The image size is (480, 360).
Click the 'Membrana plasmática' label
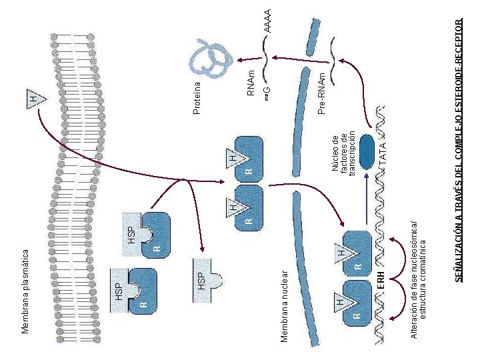[25, 291]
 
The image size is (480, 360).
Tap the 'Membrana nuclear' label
[285, 306]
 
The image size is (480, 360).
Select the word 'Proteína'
[197, 98]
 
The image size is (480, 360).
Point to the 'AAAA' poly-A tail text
[267, 21]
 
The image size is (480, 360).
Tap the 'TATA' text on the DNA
[383, 154]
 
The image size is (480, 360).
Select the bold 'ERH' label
[381, 279]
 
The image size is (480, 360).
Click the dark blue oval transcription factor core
[367, 152]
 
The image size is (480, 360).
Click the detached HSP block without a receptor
[205, 281]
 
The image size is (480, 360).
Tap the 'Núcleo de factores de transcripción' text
[343, 154]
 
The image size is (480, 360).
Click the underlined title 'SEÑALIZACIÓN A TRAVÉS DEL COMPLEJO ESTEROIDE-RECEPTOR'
[458, 150]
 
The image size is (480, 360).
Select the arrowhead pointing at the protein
[241, 60]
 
